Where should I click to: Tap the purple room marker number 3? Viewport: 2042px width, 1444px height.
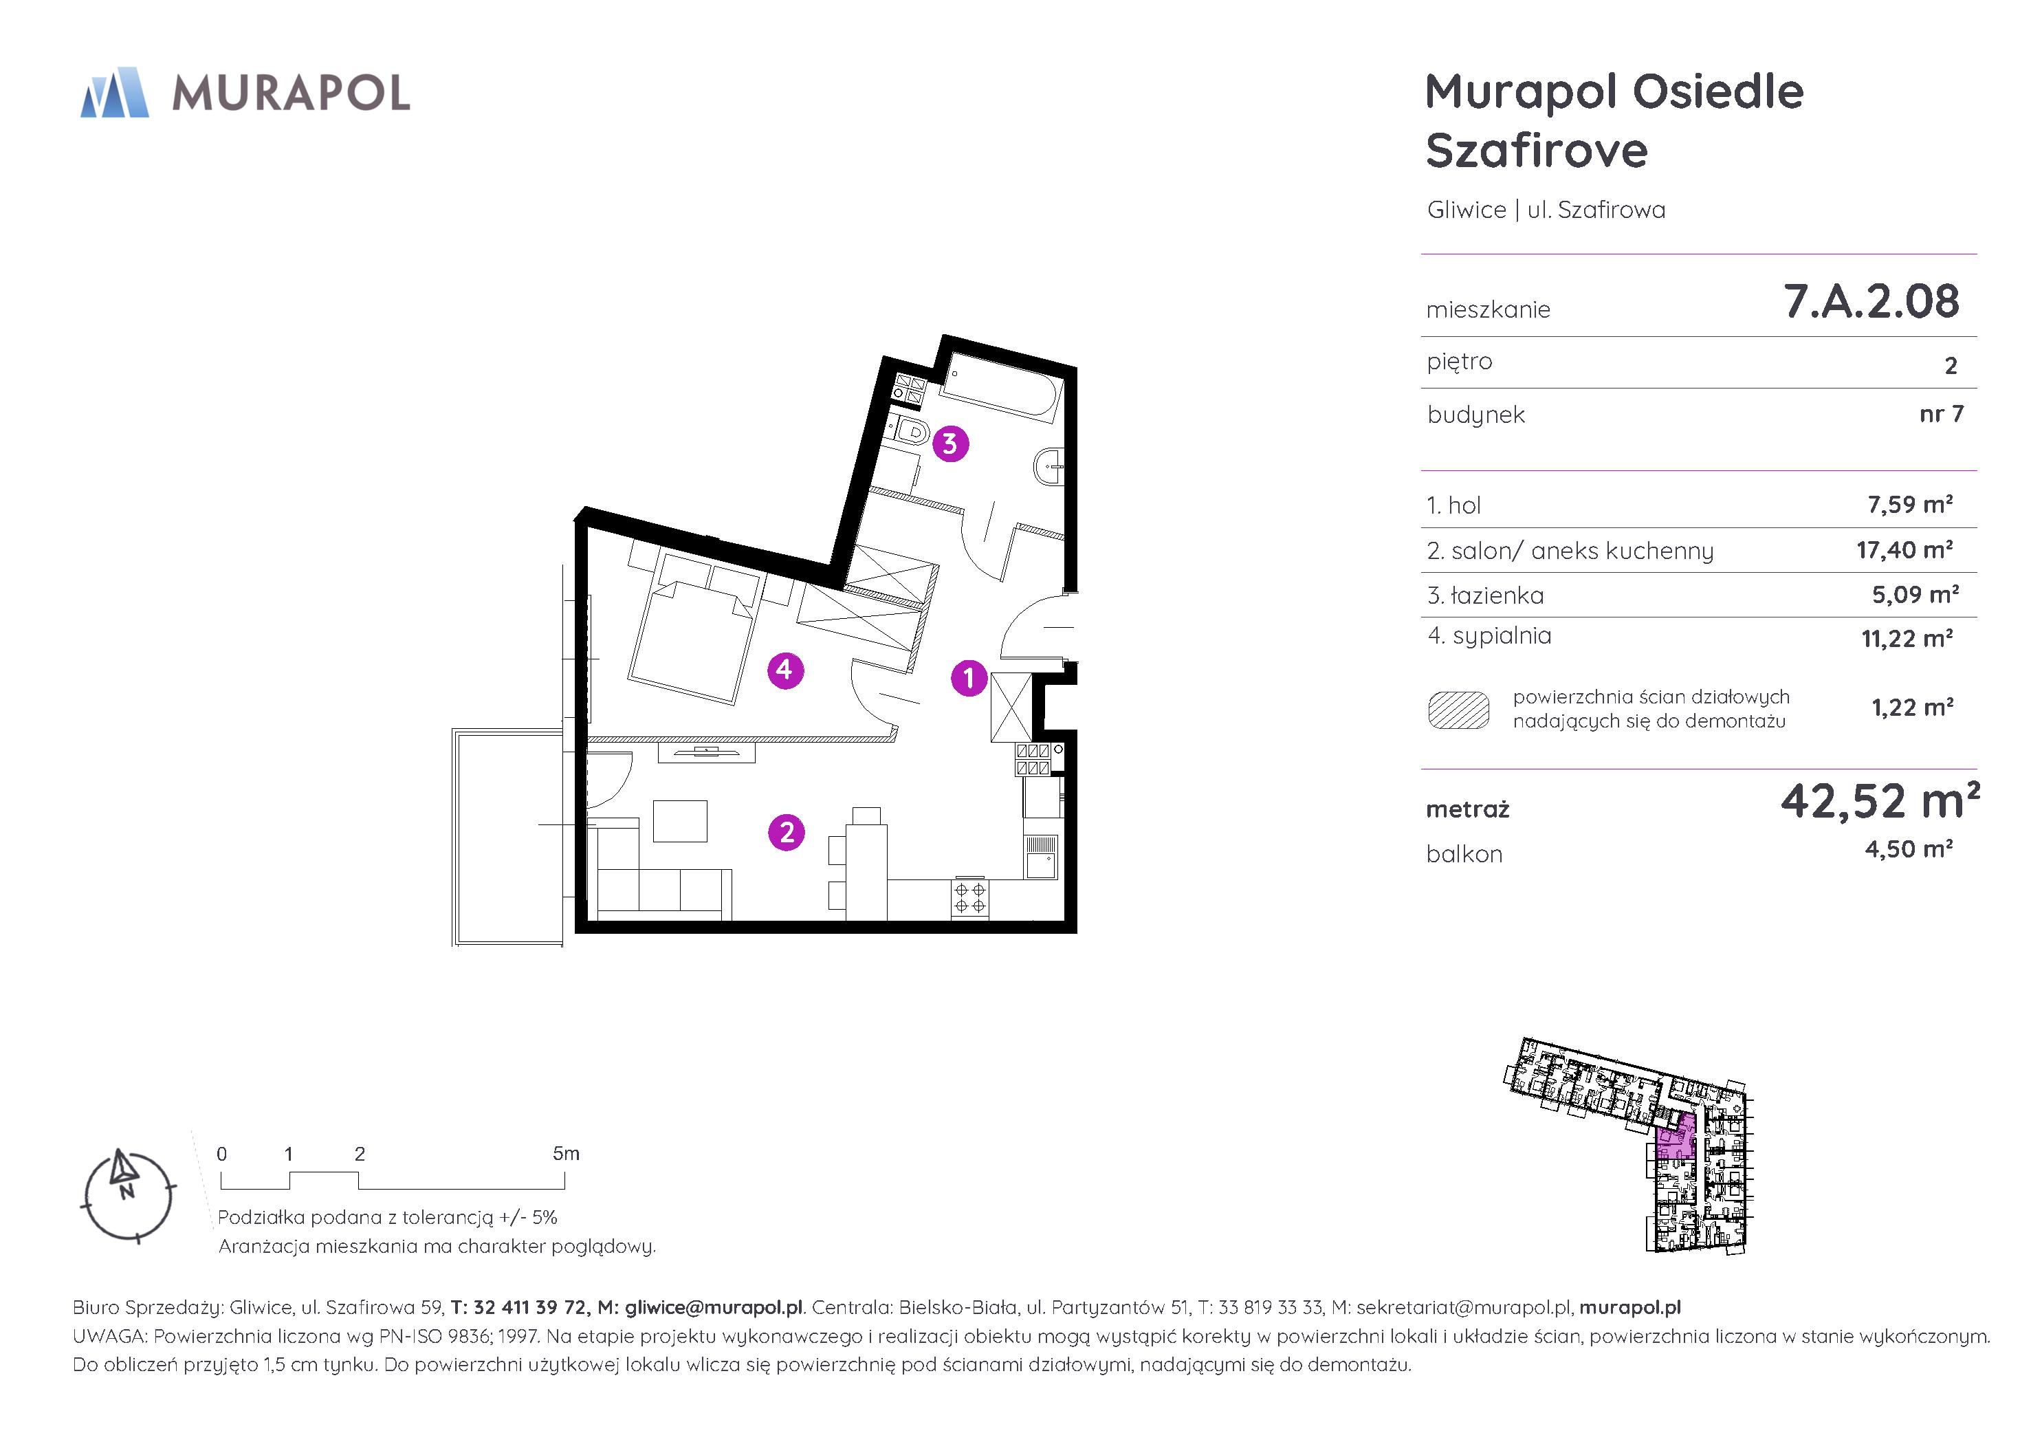coord(950,443)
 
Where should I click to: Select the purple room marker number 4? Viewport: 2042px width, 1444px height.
coord(785,670)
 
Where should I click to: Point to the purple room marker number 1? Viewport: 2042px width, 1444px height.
coord(969,678)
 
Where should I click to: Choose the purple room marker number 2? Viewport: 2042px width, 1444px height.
coord(787,833)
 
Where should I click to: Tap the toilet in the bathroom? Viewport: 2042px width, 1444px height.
coord(909,433)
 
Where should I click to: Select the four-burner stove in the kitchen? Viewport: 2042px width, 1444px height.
coord(969,898)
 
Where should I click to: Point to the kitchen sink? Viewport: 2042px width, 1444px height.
coord(1040,857)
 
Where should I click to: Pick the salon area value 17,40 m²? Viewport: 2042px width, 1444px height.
coord(1904,550)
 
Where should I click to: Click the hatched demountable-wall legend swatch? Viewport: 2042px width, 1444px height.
coord(1458,710)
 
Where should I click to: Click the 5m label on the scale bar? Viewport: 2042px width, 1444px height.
coord(566,1154)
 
